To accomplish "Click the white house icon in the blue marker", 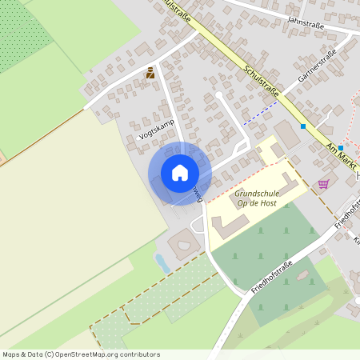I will (180, 173).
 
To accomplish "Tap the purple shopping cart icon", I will (323, 184).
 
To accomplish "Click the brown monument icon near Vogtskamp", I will (149, 74).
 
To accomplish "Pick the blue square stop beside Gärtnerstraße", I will (303, 126).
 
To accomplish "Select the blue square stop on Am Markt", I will (341, 148).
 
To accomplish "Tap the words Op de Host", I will (256, 203).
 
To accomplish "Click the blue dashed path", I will (261, 113).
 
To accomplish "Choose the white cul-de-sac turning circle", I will (218, 95).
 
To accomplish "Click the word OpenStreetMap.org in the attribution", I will (92, 354).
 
